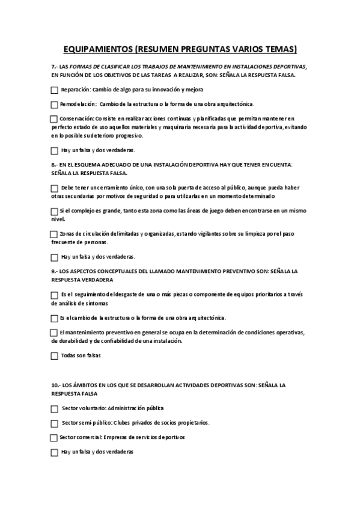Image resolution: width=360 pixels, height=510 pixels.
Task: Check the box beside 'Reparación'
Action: click(55, 90)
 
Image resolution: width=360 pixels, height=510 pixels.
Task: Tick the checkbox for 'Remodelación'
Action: click(55, 105)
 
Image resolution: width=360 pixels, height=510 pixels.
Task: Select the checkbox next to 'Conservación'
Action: click(54, 119)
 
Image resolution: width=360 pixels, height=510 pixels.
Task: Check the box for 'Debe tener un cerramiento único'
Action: click(55, 189)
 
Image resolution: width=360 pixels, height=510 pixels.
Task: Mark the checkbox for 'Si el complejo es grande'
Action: click(55, 211)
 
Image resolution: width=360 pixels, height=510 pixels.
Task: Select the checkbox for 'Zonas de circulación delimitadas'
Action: click(54, 234)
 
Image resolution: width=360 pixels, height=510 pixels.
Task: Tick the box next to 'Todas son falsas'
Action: click(55, 356)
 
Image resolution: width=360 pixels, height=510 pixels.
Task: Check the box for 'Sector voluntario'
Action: click(55, 408)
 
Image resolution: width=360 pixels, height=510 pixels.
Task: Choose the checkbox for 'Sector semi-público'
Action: click(55, 423)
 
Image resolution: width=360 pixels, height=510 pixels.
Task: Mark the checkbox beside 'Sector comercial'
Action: click(54, 437)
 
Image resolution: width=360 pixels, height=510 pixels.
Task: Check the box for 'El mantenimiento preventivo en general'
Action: click(54, 333)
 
